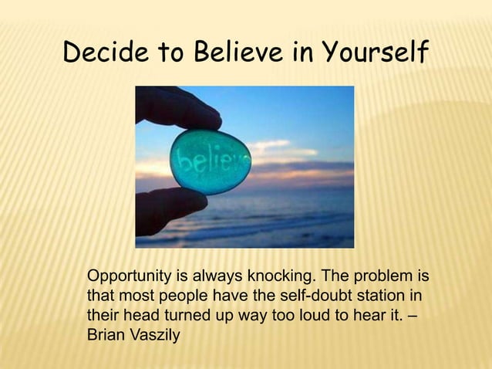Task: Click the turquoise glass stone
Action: pyautogui.click(x=207, y=162)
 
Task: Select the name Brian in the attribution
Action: pyautogui.click(x=106, y=337)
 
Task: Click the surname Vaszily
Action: pyautogui.click(x=154, y=337)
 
